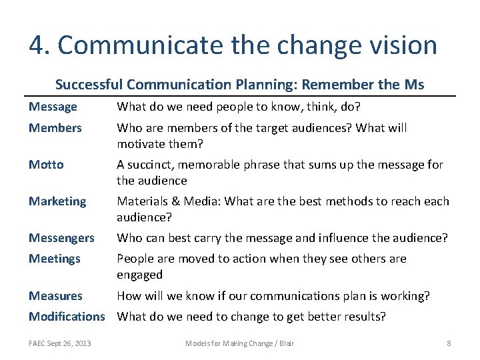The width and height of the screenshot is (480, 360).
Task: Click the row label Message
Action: pyautogui.click(x=53, y=107)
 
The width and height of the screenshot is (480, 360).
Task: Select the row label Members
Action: pyautogui.click(x=55, y=127)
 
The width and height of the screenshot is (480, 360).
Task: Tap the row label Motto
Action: pyautogui.click(x=46, y=165)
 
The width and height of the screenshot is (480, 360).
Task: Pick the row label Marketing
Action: pyautogui.click(x=57, y=201)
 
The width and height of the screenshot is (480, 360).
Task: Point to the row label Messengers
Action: pyautogui.click(x=61, y=237)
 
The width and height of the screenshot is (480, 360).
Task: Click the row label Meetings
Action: pyautogui.click(x=54, y=259)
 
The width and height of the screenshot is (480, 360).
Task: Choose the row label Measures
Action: pyautogui.click(x=55, y=295)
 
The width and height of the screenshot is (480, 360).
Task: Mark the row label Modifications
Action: pyautogui.click(x=67, y=316)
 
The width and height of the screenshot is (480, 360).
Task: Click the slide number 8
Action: pyautogui.click(x=449, y=343)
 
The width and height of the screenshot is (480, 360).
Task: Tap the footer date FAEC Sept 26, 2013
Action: pyautogui.click(x=60, y=343)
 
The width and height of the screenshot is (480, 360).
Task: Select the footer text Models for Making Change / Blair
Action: pyautogui.click(x=239, y=343)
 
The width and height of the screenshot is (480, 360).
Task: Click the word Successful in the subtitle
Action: pyautogui.click(x=89, y=85)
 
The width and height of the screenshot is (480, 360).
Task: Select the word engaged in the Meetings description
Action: pyautogui.click(x=139, y=275)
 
